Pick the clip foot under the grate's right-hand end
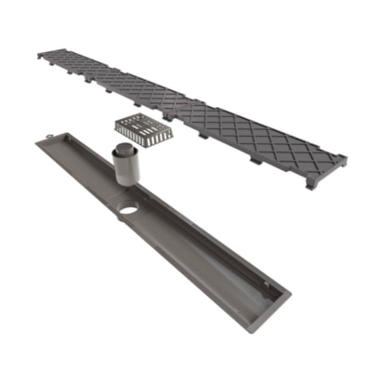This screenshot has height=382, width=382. pos(310,183)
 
